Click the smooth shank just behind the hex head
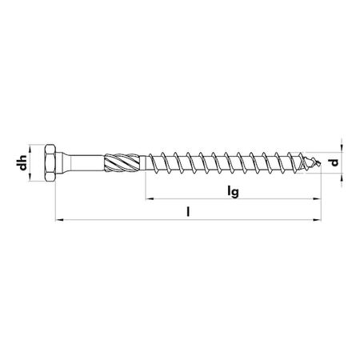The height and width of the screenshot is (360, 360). click(84, 163)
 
